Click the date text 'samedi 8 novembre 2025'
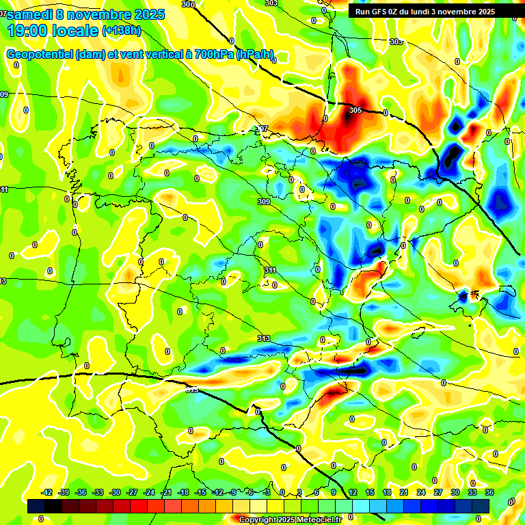coord(85,14)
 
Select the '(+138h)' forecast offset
coord(122,31)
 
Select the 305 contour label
coord(355,110)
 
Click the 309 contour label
coord(265,202)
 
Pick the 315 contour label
coord(192,390)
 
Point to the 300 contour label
coord(189,4)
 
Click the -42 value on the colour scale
coord(47,492)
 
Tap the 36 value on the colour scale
coord(489,492)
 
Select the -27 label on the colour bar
coord(132,492)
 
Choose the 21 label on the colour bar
coord(403,492)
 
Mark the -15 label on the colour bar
coord(200,492)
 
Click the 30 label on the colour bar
coord(455,492)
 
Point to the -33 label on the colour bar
coord(98,492)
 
